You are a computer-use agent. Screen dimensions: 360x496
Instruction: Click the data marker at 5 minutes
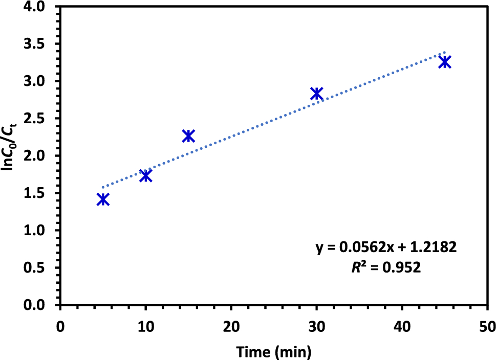[x=103, y=199]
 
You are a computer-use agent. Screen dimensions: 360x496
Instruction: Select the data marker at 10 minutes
[x=146, y=175]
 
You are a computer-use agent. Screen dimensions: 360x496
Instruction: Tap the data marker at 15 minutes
[x=188, y=136]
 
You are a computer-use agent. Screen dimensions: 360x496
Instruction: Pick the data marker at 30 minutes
[x=316, y=94]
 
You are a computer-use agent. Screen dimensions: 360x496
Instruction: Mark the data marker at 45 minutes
[x=445, y=62]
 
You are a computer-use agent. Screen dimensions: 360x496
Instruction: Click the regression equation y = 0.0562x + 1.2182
[x=385, y=248]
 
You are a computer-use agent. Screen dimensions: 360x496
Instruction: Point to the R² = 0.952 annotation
[x=385, y=267]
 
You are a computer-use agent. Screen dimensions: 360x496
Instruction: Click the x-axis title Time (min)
[x=273, y=351]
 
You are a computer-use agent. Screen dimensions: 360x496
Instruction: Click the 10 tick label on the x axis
[x=146, y=326]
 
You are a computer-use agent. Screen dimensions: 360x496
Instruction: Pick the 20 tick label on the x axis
[x=231, y=326]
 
